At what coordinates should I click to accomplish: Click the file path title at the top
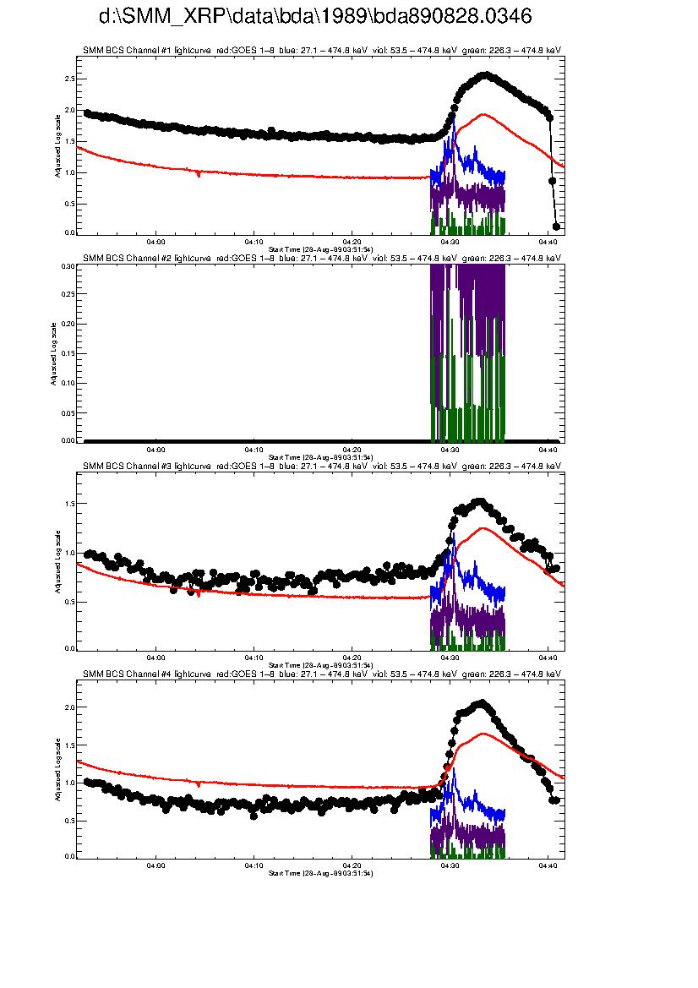[315, 17]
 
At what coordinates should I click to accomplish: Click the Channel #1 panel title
[321, 51]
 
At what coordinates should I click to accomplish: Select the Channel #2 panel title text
[321, 258]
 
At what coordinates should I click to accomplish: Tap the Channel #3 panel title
[321, 466]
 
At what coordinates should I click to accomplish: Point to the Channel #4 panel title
[321, 673]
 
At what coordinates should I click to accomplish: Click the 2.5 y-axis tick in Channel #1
[68, 79]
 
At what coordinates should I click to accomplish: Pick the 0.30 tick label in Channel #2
[67, 265]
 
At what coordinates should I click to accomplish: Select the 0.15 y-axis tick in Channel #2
[67, 353]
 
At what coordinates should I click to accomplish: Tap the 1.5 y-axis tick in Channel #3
[68, 504]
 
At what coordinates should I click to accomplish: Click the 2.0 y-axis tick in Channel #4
[68, 707]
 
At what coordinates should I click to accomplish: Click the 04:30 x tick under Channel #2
[450, 450]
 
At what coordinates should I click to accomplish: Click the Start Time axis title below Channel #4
[320, 872]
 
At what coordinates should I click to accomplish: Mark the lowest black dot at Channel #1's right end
[556, 227]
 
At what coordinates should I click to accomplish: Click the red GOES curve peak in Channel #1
[483, 114]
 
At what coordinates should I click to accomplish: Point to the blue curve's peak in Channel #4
[454, 768]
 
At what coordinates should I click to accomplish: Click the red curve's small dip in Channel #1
[199, 174]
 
